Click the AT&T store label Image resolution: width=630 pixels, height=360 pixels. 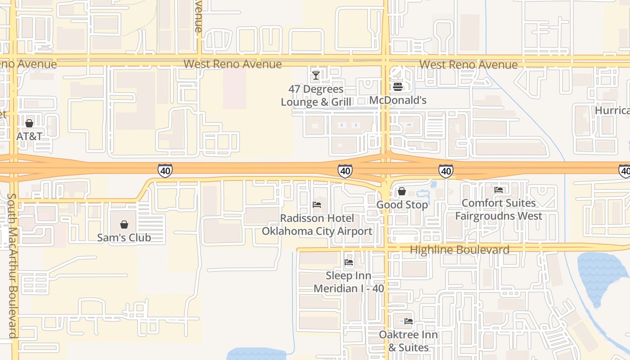(x=29, y=136)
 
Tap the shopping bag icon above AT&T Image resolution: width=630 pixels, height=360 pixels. (x=29, y=123)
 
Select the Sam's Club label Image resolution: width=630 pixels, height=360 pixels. (x=124, y=238)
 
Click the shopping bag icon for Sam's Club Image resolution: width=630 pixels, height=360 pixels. (x=124, y=225)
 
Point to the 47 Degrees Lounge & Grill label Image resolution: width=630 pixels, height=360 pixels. (x=316, y=96)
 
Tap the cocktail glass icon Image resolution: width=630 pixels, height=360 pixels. (x=316, y=76)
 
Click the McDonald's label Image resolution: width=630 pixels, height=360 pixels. (x=398, y=100)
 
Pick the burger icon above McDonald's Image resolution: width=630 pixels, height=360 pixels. (x=398, y=86)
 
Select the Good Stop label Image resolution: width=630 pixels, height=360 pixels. (x=402, y=205)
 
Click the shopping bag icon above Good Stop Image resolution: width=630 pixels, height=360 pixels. (x=402, y=192)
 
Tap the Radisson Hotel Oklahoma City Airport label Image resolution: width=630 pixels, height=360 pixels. (x=317, y=225)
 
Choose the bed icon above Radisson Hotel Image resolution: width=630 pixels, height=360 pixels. (x=317, y=205)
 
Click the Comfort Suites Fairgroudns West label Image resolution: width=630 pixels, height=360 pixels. (x=499, y=210)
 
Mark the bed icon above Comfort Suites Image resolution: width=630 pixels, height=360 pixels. (x=499, y=190)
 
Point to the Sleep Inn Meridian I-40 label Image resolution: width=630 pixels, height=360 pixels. (x=349, y=282)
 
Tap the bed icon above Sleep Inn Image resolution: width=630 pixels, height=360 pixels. (x=349, y=262)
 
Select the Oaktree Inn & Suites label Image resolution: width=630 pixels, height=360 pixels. (x=408, y=341)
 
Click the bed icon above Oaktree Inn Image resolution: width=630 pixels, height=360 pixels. (x=408, y=321)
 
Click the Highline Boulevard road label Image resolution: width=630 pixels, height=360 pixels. (x=459, y=250)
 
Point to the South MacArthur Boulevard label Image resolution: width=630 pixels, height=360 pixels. (x=13, y=265)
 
